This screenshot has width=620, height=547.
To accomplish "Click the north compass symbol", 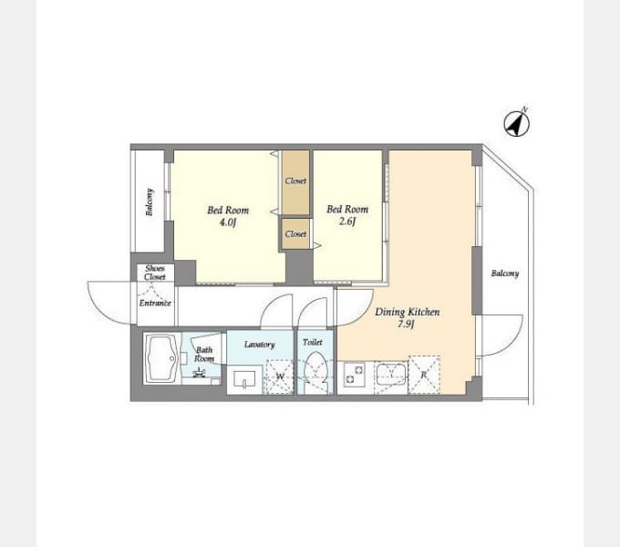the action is (x=516, y=124).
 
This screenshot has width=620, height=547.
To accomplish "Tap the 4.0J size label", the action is (x=228, y=222).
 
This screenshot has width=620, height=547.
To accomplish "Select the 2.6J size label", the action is (x=347, y=222).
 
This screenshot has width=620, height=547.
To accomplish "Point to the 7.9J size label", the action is (x=406, y=325).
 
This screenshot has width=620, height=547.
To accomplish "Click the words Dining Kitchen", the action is (x=408, y=312).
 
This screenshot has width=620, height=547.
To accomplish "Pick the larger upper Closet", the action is (x=295, y=182).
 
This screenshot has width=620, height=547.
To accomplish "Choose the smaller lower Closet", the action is (x=295, y=234).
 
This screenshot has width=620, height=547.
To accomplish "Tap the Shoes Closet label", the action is (x=155, y=273).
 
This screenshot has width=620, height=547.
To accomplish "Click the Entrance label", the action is (x=155, y=304).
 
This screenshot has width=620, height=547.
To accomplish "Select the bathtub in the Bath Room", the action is (x=161, y=358).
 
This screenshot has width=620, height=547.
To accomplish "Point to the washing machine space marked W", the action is (x=280, y=377).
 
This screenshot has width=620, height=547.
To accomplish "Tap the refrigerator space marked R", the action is (x=424, y=375).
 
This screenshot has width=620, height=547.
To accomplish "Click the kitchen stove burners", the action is (x=355, y=375).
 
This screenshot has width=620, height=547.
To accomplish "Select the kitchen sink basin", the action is (x=390, y=374).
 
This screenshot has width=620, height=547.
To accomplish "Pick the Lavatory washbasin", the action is (x=244, y=380).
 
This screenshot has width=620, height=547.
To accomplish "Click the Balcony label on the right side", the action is (x=505, y=273).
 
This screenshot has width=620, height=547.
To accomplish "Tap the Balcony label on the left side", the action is (x=150, y=202).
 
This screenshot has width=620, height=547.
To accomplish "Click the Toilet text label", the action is (x=313, y=342).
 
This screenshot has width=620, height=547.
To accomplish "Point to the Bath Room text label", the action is (x=204, y=355).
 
